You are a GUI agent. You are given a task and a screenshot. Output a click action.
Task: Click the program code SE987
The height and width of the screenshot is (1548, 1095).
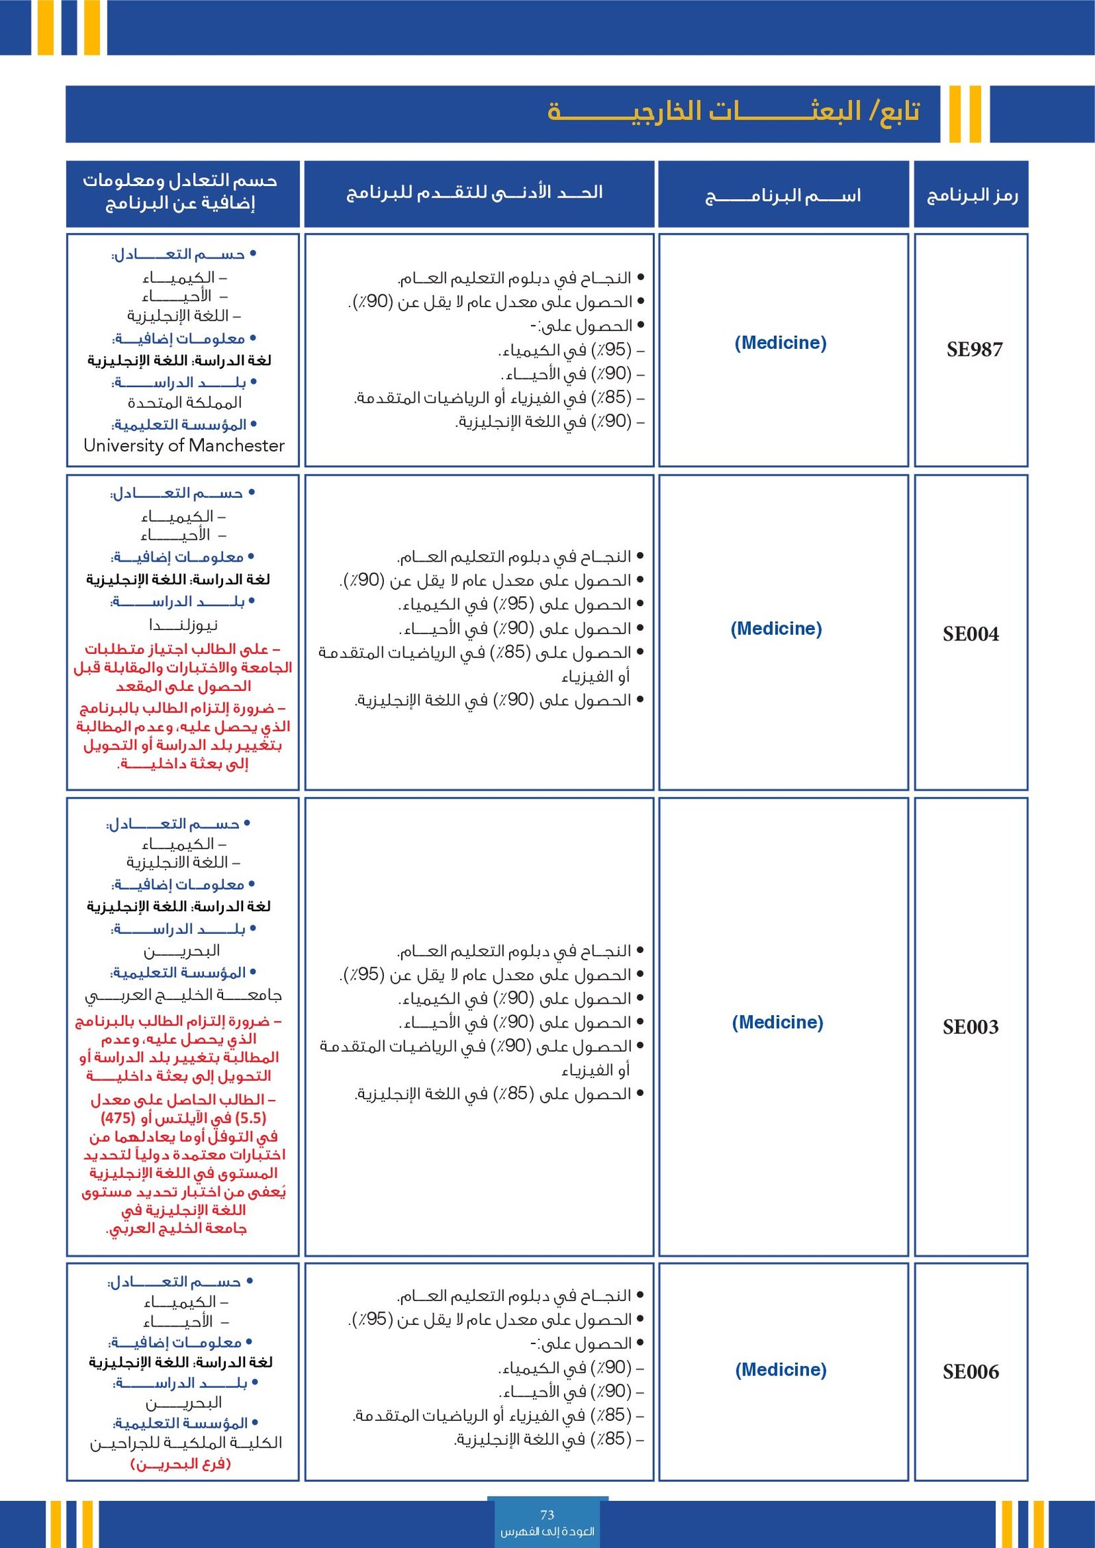pyautogui.click(x=974, y=350)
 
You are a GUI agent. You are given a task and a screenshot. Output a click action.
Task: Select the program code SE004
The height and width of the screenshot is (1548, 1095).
pyautogui.click(x=970, y=634)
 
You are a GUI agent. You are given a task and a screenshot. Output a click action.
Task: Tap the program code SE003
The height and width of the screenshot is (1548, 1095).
pyautogui.click(x=970, y=1027)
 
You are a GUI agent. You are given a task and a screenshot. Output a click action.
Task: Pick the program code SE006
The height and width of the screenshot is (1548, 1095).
pyautogui.click(x=970, y=1372)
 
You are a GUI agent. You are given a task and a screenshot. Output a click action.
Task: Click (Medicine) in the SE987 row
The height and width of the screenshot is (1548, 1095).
pyautogui.click(x=780, y=343)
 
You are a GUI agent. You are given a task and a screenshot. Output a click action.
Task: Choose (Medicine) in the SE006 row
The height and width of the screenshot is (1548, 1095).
pyautogui.click(x=781, y=1369)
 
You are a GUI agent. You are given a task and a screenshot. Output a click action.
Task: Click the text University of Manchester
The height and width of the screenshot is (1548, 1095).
pyautogui.click(x=183, y=445)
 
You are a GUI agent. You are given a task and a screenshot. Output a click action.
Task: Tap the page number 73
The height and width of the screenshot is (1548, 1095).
pyautogui.click(x=547, y=1515)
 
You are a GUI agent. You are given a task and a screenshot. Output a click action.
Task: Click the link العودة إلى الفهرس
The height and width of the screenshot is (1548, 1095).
pyautogui.click(x=547, y=1531)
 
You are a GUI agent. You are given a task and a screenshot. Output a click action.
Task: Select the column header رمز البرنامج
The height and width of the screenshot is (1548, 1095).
pyautogui.click(x=972, y=196)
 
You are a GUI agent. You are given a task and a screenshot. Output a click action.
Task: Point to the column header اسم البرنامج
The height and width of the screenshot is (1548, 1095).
pyautogui.click(x=783, y=196)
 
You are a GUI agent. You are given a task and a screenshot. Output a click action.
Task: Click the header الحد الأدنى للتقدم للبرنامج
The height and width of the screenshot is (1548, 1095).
pyautogui.click(x=475, y=192)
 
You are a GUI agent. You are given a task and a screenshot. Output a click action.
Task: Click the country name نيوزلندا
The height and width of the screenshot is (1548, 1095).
pyautogui.click(x=183, y=625)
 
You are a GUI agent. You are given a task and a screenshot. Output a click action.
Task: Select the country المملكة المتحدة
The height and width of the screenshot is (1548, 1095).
pyautogui.click(x=185, y=402)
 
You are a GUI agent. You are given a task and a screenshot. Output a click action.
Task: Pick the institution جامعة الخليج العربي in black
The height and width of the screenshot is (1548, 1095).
pyautogui.click(x=183, y=995)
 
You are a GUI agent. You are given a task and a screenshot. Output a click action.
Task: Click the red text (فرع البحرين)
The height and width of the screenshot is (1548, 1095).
pyautogui.click(x=181, y=1464)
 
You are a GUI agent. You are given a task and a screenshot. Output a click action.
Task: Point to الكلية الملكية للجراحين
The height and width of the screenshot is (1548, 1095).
pyautogui.click(x=186, y=1443)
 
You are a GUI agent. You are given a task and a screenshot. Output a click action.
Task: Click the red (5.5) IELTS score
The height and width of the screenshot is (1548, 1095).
pyautogui.click(x=250, y=1118)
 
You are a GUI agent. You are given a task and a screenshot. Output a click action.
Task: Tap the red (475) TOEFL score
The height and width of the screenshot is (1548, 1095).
pyautogui.click(x=118, y=1118)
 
